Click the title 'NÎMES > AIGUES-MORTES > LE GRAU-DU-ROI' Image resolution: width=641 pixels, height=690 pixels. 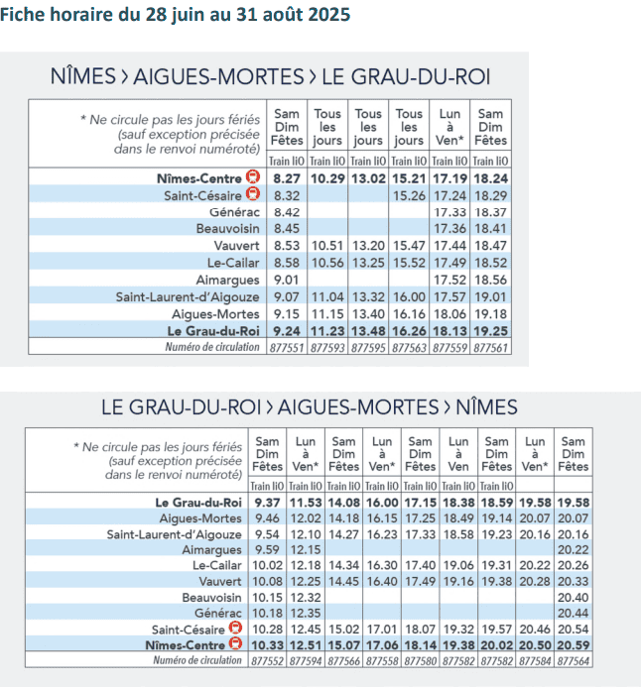(271, 77)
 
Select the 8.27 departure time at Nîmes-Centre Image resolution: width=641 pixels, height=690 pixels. (287, 177)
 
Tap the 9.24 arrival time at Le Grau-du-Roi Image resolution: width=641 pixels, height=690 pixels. (287, 330)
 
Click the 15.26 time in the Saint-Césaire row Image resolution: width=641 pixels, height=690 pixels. (409, 195)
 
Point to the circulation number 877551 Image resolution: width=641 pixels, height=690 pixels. (287, 347)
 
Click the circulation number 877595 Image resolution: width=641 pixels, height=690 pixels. (368, 347)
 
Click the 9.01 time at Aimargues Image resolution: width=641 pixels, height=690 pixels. (287, 280)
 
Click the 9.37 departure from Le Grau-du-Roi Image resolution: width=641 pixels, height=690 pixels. (268, 503)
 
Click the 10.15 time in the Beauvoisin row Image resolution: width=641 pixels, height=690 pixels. (268, 598)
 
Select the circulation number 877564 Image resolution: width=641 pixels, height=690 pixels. (573, 659)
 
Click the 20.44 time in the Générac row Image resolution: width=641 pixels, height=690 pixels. (573, 613)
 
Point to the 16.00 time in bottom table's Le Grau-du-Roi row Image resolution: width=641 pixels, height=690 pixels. (382, 503)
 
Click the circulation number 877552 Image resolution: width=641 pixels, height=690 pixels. (268, 659)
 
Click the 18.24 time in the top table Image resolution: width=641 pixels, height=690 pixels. (490, 177)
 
